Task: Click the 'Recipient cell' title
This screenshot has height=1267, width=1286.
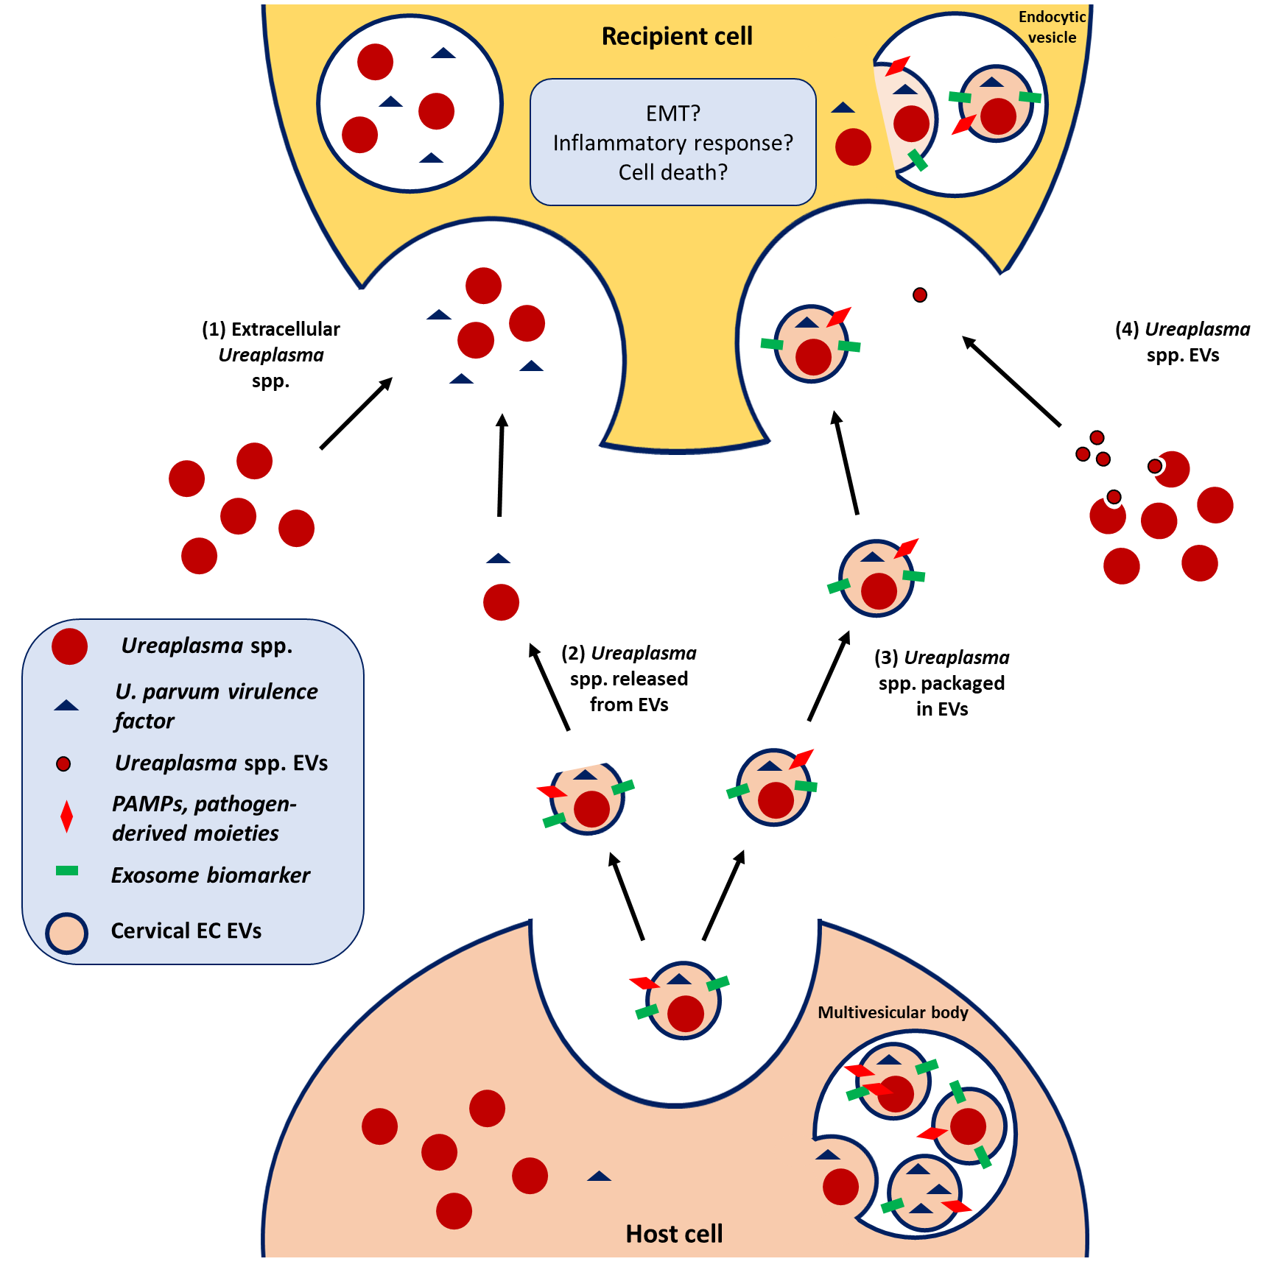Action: [x=677, y=36]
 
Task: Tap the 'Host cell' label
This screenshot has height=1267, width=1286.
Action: [x=674, y=1234]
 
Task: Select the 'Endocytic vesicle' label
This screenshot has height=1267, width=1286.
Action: [x=1052, y=27]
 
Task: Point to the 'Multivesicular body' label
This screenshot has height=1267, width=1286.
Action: [x=893, y=1012]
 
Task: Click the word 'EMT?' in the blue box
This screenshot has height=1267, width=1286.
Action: [x=672, y=113]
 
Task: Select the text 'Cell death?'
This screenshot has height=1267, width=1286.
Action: [x=672, y=172]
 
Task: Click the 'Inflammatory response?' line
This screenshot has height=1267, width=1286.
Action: [x=672, y=143]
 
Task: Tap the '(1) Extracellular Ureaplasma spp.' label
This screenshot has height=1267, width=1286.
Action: [x=271, y=354]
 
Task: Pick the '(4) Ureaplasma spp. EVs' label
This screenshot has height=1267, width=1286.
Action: [x=1183, y=342]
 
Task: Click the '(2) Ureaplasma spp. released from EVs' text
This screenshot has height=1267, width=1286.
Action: [x=629, y=678]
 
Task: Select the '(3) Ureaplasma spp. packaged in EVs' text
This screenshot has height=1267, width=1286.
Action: [x=941, y=682]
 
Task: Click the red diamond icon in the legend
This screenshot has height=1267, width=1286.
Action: [x=67, y=816]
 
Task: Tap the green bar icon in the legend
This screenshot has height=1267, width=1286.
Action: [x=67, y=872]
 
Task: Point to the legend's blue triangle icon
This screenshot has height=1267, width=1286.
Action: [x=66, y=705]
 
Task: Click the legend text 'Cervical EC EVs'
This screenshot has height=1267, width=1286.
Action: [x=186, y=931]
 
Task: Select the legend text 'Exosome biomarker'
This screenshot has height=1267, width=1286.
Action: [x=211, y=875]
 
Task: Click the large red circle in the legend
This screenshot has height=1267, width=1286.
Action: [x=70, y=646]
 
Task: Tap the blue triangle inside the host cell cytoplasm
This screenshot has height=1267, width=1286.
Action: [x=599, y=1176]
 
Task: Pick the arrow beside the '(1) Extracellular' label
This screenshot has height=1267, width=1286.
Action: [x=356, y=413]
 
